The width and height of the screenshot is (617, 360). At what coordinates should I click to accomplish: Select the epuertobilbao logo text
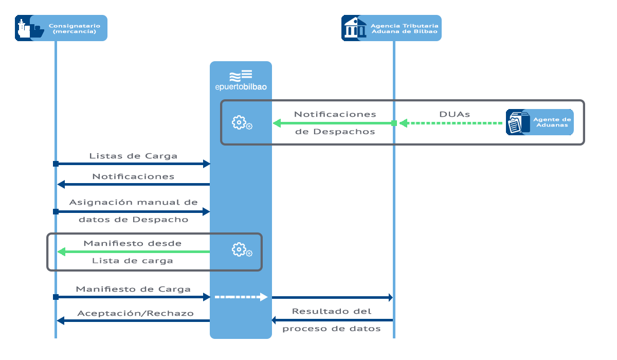point(241,87)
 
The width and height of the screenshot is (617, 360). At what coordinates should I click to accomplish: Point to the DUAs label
point(455,114)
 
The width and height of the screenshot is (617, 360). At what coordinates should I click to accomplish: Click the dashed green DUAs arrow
point(451,123)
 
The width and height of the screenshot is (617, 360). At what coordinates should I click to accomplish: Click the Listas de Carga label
point(133,156)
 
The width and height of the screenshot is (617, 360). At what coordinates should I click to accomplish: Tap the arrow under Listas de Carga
point(133,164)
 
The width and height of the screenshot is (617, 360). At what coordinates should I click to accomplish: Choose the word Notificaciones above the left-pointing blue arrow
point(133,176)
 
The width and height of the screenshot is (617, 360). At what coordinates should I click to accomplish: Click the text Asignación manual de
point(133,202)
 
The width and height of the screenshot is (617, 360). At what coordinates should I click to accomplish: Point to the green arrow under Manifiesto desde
point(133,251)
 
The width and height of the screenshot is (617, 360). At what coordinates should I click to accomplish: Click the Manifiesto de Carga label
point(133,289)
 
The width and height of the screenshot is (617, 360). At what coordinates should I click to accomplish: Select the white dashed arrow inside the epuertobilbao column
point(241,297)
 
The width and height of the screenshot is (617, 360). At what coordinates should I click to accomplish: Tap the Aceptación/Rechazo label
point(135,313)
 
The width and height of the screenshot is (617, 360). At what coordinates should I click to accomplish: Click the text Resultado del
point(332,311)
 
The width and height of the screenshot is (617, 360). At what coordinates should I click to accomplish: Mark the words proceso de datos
point(332,329)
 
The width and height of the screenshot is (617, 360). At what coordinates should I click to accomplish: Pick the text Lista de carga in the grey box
point(133,261)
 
